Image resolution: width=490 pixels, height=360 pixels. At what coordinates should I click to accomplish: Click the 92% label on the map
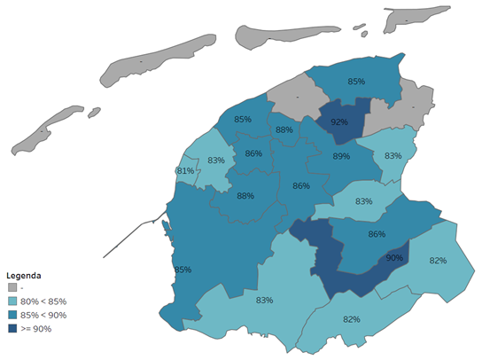click(x=338, y=122)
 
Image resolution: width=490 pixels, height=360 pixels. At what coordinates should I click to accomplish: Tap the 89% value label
click(x=341, y=156)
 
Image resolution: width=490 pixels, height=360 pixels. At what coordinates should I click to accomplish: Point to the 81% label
click(x=185, y=170)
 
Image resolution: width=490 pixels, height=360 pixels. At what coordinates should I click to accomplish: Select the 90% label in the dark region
click(x=394, y=258)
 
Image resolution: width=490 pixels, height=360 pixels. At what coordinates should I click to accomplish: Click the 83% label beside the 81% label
click(x=215, y=160)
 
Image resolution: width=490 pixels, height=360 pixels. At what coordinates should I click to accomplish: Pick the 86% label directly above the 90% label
click(x=377, y=234)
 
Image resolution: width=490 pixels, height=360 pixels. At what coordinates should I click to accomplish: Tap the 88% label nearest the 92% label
click(x=284, y=130)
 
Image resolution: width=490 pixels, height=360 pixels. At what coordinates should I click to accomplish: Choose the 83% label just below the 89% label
click(x=363, y=201)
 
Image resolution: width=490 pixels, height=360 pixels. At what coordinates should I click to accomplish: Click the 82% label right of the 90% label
click(x=437, y=261)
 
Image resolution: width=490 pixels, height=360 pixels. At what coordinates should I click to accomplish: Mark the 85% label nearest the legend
click(x=183, y=270)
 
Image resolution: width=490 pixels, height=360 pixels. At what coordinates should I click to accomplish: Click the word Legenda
click(x=24, y=275)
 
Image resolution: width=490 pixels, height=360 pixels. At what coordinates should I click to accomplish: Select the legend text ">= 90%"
click(x=36, y=329)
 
